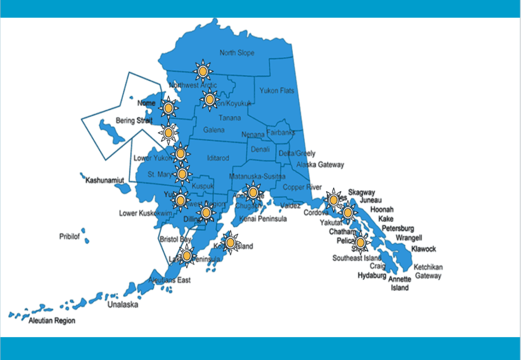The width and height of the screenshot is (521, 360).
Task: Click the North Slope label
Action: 237,53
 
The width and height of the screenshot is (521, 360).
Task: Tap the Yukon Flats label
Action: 277,91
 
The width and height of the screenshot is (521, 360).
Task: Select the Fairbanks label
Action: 280,133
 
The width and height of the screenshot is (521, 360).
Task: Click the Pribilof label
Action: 70,237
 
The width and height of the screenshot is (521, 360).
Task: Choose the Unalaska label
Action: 122,305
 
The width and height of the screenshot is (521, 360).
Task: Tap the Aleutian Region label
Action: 52,321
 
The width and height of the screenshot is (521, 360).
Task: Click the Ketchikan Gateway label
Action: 428,272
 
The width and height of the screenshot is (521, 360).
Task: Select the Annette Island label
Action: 399,284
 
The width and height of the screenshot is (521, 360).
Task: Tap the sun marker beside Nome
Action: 168,107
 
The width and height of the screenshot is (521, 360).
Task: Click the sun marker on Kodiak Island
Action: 230,243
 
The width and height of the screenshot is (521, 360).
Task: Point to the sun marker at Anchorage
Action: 253,192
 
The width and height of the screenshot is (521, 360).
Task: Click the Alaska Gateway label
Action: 320,165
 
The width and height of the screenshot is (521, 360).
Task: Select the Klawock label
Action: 423,249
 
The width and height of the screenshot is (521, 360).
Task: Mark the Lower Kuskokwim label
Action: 146,213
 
